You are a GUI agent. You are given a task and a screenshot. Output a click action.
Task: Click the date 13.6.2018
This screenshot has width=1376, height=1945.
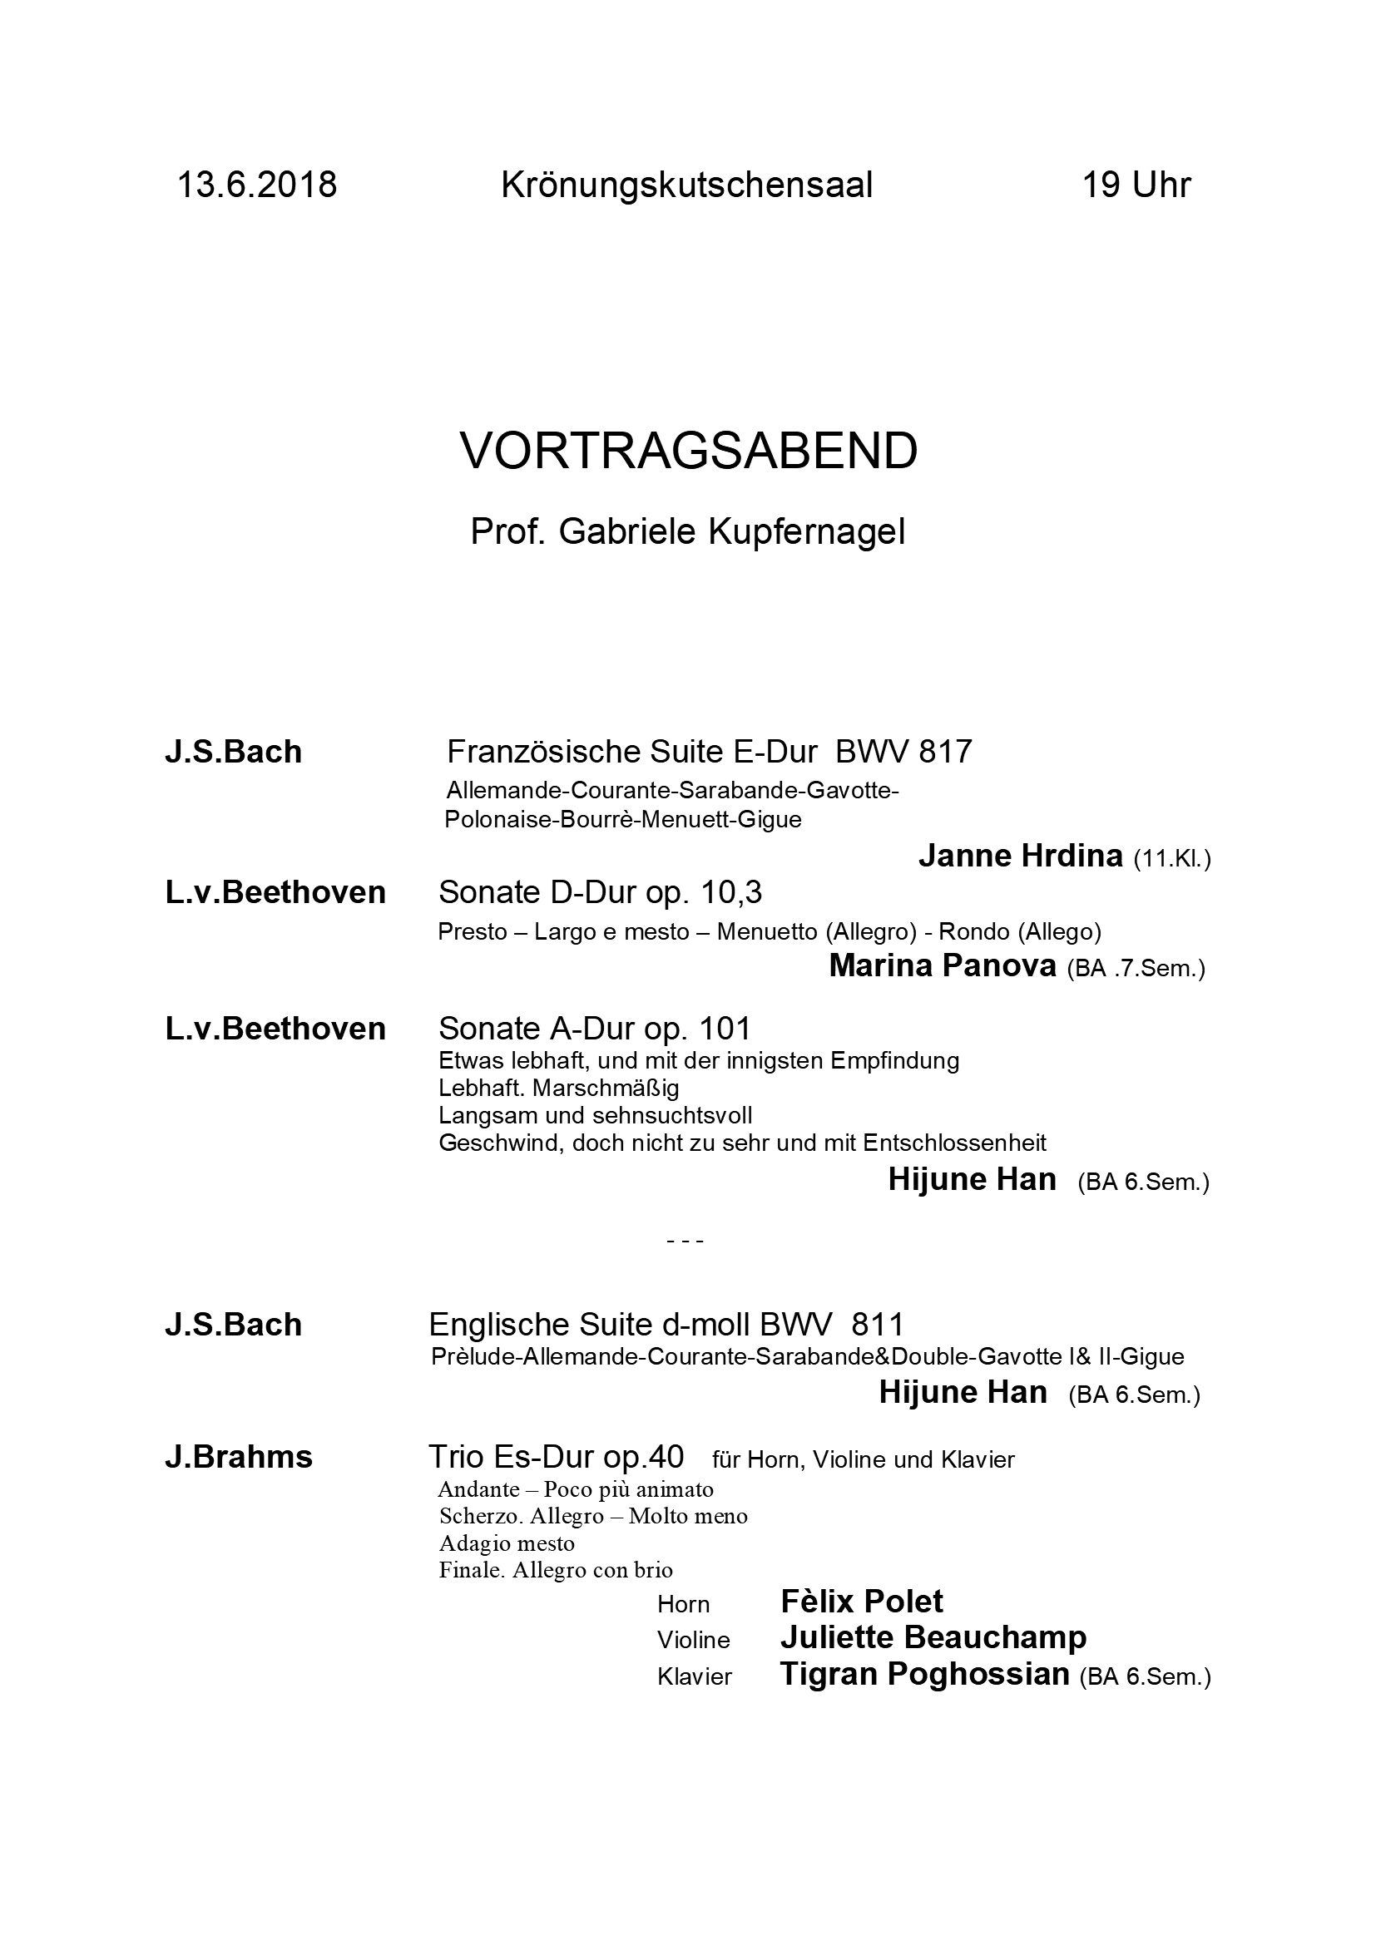coord(257,185)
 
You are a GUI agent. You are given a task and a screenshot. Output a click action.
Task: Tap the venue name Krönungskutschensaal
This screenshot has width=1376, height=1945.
coord(687,185)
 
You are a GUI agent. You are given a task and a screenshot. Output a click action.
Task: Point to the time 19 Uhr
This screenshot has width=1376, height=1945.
coord(1136,185)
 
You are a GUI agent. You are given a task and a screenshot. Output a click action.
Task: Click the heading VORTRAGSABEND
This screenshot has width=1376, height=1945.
coord(688,452)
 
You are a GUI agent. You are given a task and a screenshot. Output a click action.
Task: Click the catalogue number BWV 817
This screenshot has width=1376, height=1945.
coord(904,752)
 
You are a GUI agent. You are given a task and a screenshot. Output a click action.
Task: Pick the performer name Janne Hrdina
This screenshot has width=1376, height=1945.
coord(1020,856)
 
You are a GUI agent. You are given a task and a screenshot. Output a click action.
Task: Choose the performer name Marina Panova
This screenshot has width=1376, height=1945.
coord(943,965)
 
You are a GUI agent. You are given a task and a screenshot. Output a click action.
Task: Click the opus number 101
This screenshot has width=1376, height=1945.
coord(725,1029)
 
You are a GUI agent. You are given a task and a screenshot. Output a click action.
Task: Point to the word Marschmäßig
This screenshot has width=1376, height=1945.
coord(606,1088)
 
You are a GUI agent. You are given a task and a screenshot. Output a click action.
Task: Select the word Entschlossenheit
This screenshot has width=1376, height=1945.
coord(955,1143)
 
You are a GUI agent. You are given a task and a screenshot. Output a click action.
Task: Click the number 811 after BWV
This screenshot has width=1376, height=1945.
coord(879,1324)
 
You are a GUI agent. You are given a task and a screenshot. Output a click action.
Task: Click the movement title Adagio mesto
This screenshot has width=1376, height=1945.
coord(507,1543)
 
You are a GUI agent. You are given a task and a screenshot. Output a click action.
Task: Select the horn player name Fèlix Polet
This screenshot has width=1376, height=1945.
coord(861,1602)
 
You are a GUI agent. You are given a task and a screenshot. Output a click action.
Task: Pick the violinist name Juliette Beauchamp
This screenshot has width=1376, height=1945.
coord(933,1637)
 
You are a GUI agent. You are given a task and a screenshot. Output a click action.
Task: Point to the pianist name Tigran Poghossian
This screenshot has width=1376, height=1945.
coord(924,1674)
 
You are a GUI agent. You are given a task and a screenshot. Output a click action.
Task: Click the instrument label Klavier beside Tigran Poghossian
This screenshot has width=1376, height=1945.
coord(694,1677)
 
